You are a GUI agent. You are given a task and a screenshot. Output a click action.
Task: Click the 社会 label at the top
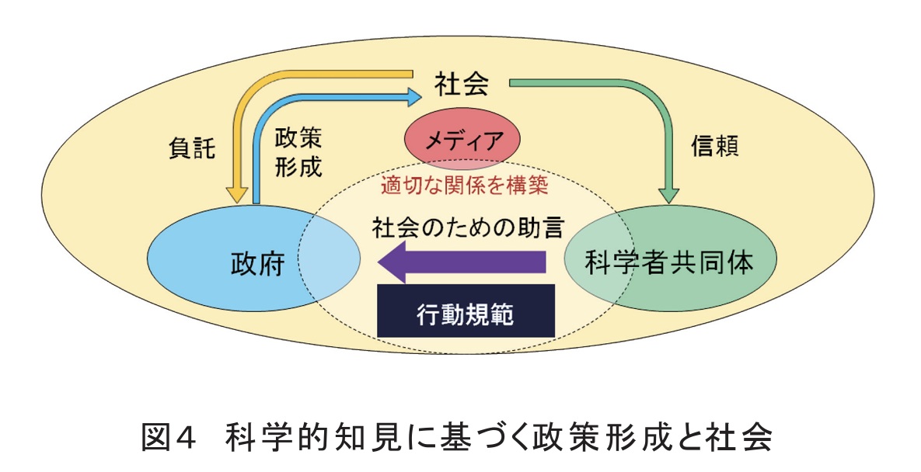click(x=461, y=84)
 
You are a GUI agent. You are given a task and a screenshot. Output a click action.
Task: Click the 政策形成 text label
click(x=298, y=153)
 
